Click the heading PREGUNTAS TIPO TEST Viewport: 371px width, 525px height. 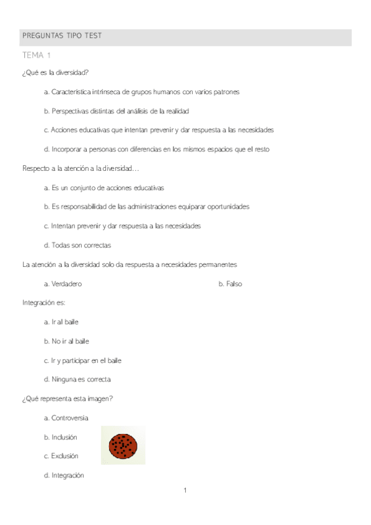click(x=62, y=36)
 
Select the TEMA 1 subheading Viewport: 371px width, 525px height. click(x=36, y=56)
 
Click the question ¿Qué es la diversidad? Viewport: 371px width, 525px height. click(x=55, y=72)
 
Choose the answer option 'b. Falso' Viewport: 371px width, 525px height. click(x=230, y=284)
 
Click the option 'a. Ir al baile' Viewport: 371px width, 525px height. click(x=61, y=322)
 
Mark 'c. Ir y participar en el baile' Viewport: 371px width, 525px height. click(x=82, y=360)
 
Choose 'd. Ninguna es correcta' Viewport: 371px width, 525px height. click(x=77, y=380)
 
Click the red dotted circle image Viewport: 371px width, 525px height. click(x=123, y=445)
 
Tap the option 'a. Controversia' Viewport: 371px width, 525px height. click(x=66, y=418)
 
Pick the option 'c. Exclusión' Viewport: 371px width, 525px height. click(x=61, y=456)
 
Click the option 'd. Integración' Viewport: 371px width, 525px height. click(x=64, y=475)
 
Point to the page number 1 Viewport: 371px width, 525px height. click(x=185, y=491)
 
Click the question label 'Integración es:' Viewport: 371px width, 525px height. click(x=43, y=303)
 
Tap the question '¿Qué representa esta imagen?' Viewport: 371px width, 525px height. click(x=67, y=399)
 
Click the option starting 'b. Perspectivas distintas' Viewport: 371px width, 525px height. click(x=116, y=111)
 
